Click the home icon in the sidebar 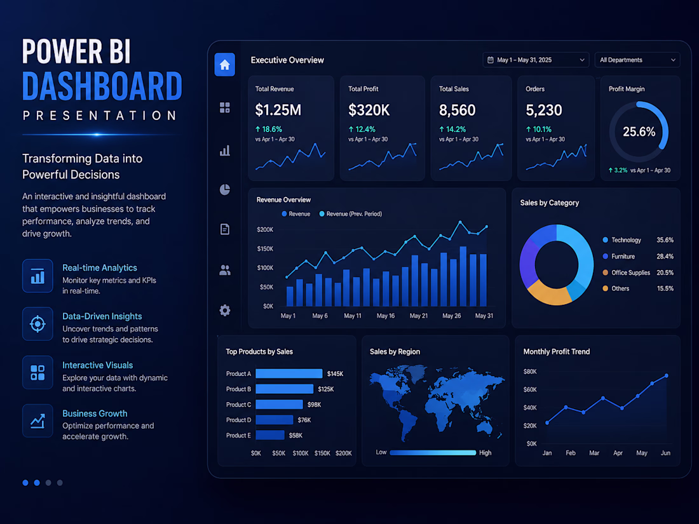tap(225, 65)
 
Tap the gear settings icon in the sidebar tap(225, 310)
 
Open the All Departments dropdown tap(637, 60)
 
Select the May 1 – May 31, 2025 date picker tap(536, 60)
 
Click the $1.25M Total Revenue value tap(278, 110)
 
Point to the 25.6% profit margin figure tap(639, 132)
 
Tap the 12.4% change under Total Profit tap(362, 129)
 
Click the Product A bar tap(289, 373)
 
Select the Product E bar tap(270, 435)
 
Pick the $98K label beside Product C tap(315, 405)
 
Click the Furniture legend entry tap(619, 256)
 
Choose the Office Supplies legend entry tap(627, 272)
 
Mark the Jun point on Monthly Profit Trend tap(667, 375)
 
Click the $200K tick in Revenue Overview tap(265, 229)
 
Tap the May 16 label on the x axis tap(386, 316)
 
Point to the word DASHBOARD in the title tap(102, 86)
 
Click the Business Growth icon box tap(37, 420)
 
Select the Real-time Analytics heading tap(99, 268)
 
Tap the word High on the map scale tap(485, 453)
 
